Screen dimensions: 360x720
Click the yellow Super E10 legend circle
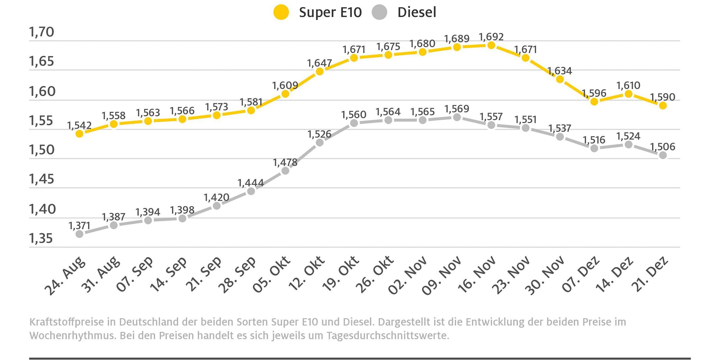(281, 12)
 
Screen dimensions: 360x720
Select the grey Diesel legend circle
(379, 12)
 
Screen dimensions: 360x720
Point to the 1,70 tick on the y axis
(42, 32)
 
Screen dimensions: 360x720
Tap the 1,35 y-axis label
(41, 238)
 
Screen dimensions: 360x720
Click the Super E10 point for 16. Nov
(491, 45)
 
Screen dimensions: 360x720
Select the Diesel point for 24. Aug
(79, 234)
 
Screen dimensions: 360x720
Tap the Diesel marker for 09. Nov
(457, 117)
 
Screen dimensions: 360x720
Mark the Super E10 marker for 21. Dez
(663, 106)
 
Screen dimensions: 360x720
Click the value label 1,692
(491, 37)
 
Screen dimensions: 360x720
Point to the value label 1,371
(79, 226)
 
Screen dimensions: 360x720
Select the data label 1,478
(285, 162)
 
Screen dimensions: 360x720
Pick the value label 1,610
(628, 85)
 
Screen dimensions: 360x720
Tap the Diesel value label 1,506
(663, 147)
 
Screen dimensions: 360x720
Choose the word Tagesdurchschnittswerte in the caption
(388, 336)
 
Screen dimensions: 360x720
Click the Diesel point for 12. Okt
(320, 143)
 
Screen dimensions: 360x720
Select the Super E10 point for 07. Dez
(594, 102)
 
